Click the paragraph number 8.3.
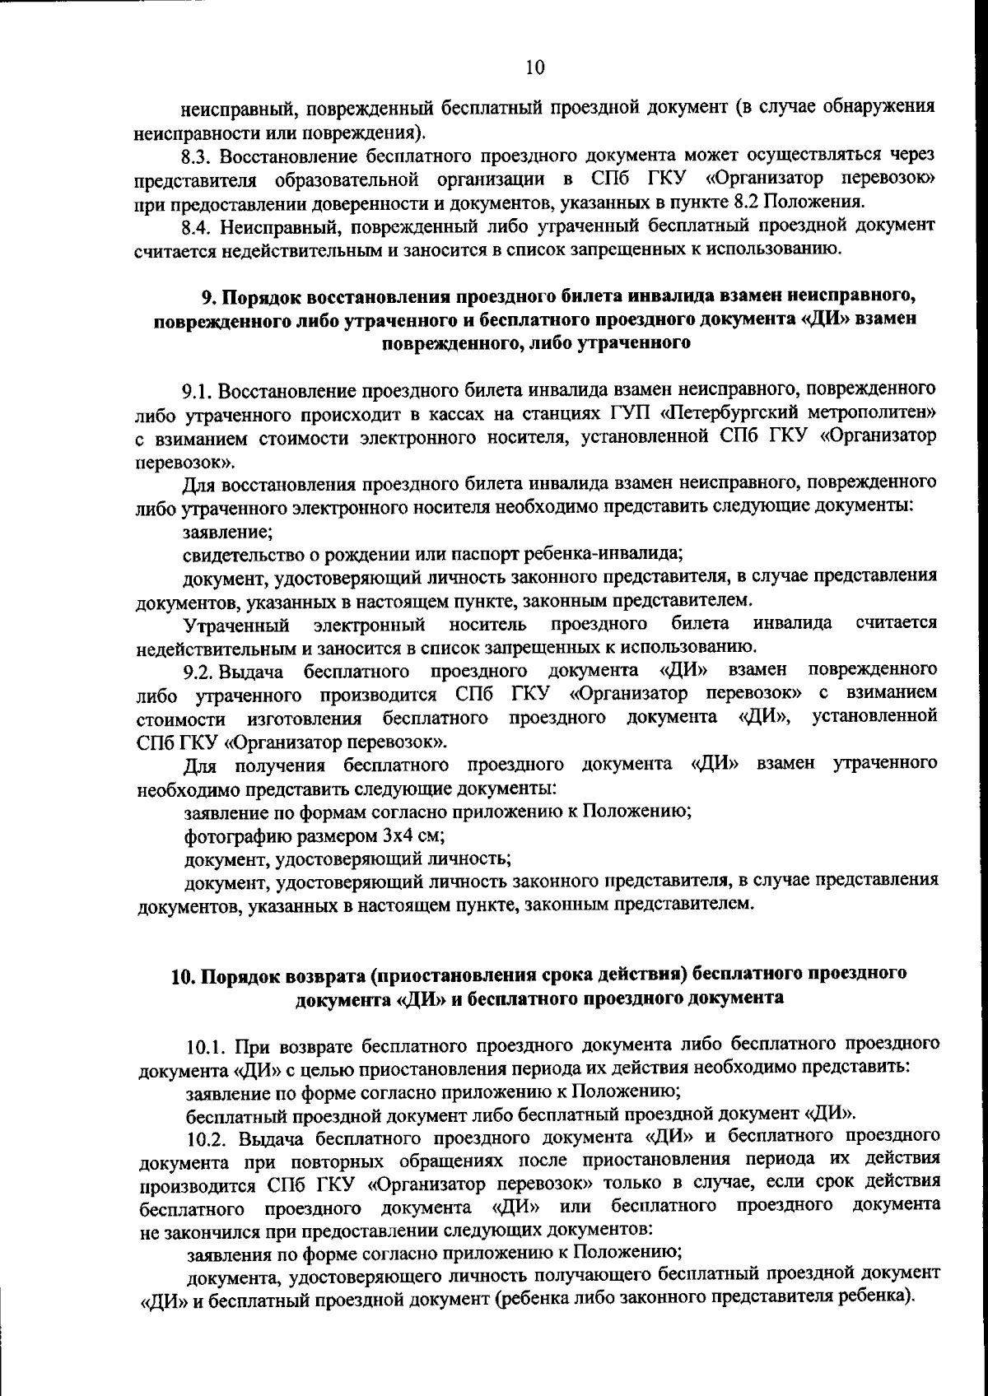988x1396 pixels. pos(198,155)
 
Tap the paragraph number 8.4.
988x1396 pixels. pos(198,226)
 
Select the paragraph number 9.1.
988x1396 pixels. pos(198,389)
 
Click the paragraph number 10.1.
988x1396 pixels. pos(207,1047)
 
